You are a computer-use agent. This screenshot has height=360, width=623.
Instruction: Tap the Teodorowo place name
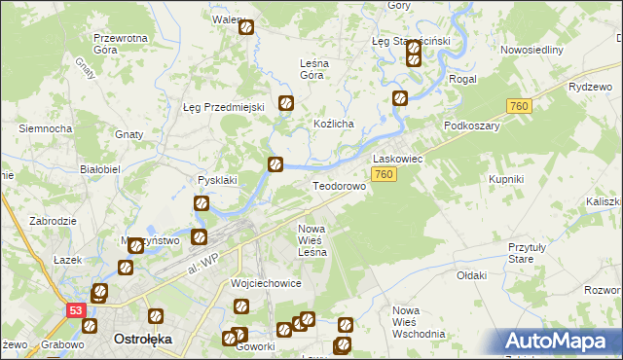click(x=338, y=186)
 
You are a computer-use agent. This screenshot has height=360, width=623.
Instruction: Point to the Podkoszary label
click(x=471, y=126)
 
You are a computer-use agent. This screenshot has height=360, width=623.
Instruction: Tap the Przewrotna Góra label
click(x=120, y=44)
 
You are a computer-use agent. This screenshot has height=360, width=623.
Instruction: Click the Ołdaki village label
click(x=471, y=275)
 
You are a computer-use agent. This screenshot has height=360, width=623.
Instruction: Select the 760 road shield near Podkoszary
click(x=518, y=105)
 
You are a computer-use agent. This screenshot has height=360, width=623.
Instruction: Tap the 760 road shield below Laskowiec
click(x=384, y=175)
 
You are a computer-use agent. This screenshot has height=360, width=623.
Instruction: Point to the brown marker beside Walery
click(x=246, y=28)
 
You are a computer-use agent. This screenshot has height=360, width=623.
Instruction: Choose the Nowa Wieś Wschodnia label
click(x=419, y=321)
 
